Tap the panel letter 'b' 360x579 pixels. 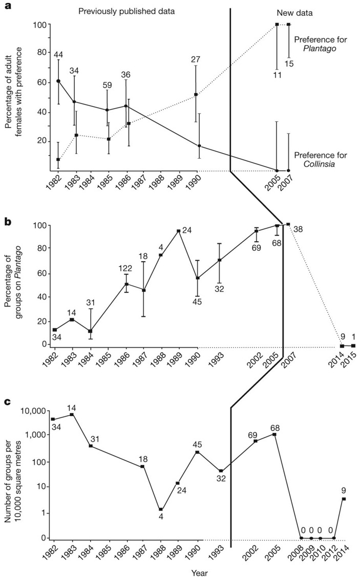click(8, 222)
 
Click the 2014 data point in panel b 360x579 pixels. click(342, 346)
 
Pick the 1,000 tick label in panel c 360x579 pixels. click(34, 435)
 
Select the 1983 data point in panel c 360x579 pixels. click(72, 414)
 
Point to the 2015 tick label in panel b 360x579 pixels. click(352, 361)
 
